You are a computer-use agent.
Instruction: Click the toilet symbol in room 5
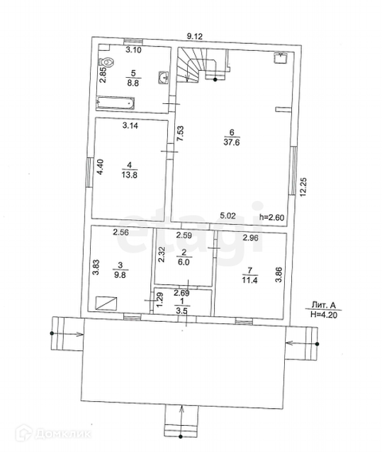(x=106, y=62)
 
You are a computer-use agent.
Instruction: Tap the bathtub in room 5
(x=116, y=103)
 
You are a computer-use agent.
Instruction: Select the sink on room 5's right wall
(x=164, y=78)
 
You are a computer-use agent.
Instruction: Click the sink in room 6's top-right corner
(x=280, y=58)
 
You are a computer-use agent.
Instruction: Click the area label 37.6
(x=232, y=142)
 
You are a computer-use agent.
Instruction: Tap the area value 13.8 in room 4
(x=129, y=175)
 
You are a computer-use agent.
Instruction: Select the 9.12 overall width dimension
(x=195, y=36)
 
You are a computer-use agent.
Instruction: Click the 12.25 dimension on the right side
(x=303, y=187)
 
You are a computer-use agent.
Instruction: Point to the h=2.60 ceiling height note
(x=271, y=217)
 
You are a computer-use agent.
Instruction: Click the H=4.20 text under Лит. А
(x=324, y=315)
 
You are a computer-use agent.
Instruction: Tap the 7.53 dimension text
(x=180, y=134)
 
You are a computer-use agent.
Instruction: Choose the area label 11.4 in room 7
(x=249, y=279)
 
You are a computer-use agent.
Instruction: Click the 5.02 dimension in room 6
(x=227, y=216)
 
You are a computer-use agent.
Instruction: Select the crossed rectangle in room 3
(x=106, y=303)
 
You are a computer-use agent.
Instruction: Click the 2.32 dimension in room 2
(x=162, y=254)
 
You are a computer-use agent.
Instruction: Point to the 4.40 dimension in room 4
(x=100, y=167)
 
